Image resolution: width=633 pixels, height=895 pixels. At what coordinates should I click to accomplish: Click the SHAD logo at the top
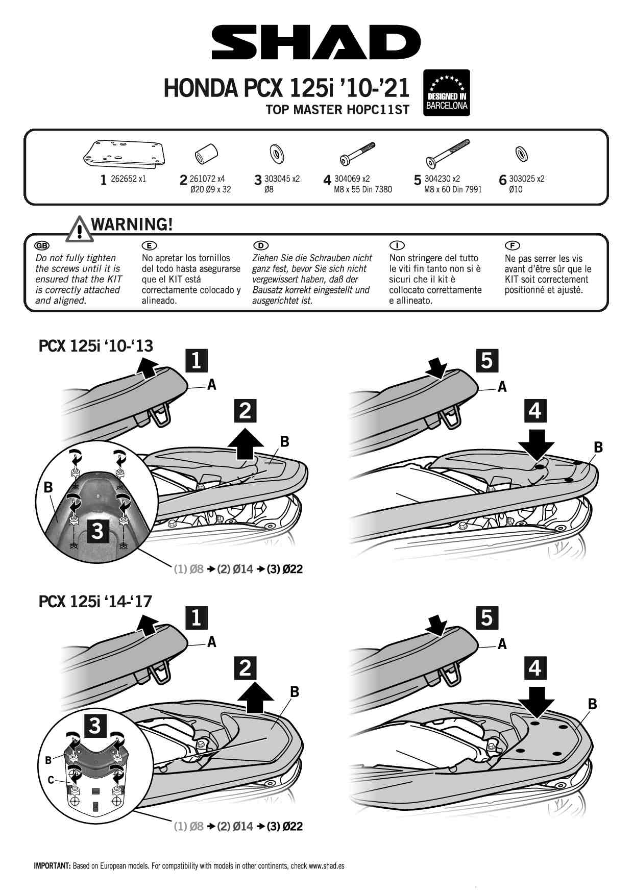[x=316, y=42]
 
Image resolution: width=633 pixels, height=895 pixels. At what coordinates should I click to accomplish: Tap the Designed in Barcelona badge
[x=446, y=93]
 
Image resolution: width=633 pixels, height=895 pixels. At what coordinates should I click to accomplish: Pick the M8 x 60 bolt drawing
[x=448, y=154]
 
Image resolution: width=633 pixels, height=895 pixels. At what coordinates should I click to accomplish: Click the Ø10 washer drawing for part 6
[x=521, y=153]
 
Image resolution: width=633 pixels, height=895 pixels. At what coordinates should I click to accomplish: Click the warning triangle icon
[x=79, y=229]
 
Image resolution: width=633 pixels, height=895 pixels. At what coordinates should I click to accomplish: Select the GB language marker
[x=42, y=246]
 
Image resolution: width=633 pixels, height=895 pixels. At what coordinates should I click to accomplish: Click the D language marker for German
[x=260, y=246]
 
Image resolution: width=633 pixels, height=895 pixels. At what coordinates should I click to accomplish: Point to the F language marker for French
[x=512, y=246]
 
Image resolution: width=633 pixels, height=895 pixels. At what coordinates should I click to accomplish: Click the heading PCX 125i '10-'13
[x=95, y=346]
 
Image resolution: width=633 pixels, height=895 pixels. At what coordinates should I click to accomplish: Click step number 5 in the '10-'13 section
[x=486, y=360]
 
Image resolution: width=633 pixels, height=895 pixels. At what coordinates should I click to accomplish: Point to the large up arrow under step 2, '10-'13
[x=246, y=444]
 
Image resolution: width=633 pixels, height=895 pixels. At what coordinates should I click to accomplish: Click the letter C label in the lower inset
[x=51, y=780]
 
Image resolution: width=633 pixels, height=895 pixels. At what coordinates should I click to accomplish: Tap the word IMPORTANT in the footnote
[x=52, y=866]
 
